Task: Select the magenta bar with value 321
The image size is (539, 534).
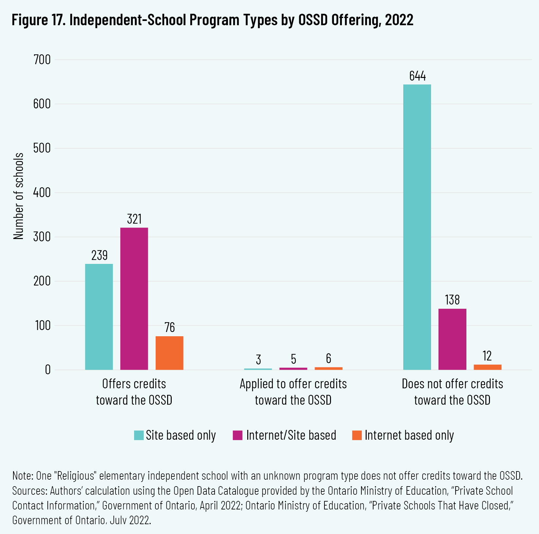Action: [134, 299]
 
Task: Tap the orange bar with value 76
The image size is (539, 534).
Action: [169, 353]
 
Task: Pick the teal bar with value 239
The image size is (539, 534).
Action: [99, 317]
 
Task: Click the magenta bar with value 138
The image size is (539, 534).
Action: [452, 339]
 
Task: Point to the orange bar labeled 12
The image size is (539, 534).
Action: [487, 367]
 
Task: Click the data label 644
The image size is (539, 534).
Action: [417, 76]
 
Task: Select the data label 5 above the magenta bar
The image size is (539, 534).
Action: [293, 359]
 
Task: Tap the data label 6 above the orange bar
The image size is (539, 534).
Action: [328, 359]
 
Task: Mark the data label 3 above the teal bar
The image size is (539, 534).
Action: [258, 359]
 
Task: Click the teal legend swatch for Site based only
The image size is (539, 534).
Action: [139, 435]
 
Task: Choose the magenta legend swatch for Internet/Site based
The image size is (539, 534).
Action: [237, 435]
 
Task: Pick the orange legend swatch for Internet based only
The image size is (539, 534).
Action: [357, 435]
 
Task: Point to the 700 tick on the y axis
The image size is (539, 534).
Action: [42, 60]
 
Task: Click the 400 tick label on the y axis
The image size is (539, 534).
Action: [42, 193]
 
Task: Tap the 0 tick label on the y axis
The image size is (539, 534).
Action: [48, 370]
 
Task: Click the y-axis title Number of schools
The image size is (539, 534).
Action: [19, 196]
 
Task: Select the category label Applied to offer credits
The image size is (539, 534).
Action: [293, 384]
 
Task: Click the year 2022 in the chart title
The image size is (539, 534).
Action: [399, 20]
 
